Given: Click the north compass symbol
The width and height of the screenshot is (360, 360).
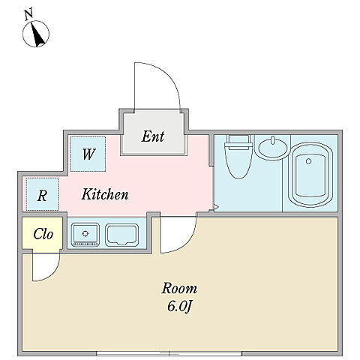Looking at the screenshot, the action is (36, 34).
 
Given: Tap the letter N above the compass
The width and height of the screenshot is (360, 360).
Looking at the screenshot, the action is (29, 14).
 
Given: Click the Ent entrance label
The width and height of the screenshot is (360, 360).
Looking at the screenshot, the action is (153, 136).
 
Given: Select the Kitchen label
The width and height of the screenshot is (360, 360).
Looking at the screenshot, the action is (105, 194).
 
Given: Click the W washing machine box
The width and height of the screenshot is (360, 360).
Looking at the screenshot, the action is (88, 154).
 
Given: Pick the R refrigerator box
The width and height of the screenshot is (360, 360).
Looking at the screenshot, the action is (42, 194).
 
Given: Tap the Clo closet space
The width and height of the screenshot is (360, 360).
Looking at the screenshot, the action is (42, 233).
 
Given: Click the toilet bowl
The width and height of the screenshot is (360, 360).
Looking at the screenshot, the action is (238, 160).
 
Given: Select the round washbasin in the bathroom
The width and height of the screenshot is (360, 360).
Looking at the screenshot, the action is (272, 148).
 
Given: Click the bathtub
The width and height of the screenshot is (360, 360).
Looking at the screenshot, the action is (310, 175).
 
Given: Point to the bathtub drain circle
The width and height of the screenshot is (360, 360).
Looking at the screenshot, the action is (309, 161).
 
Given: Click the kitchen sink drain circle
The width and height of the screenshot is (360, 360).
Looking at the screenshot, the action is (85, 233).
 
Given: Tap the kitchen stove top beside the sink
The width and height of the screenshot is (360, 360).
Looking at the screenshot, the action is (121, 235).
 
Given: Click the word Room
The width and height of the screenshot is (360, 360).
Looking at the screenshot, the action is (179, 289).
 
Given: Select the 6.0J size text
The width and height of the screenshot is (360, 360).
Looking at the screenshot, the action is (179, 306).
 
